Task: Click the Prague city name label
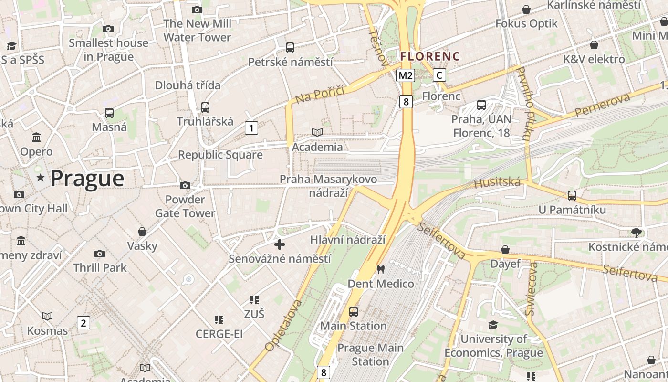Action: click(87, 179)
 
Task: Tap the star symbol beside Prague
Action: click(41, 178)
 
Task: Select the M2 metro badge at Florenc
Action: click(405, 75)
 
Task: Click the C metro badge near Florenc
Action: click(439, 75)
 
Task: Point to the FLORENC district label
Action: click(430, 56)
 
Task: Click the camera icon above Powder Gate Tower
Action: click(185, 185)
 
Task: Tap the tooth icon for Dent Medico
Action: click(380, 269)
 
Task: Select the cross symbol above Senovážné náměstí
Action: click(280, 244)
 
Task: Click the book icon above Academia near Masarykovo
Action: click(317, 132)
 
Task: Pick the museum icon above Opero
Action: click(36, 138)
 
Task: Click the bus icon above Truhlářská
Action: click(205, 107)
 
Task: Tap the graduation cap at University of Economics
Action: click(493, 325)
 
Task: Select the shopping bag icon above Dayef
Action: click(505, 250)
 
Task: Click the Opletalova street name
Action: click(284, 326)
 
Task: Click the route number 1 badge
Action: click(251, 127)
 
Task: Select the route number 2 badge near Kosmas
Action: click(83, 323)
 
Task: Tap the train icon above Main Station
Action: click(353, 311)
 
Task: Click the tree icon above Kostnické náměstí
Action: click(636, 233)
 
